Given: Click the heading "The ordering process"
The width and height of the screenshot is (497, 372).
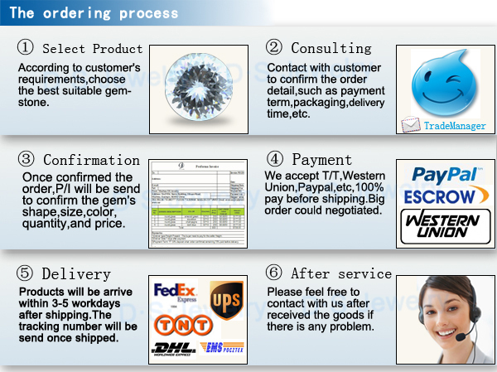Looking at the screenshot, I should click(93, 14).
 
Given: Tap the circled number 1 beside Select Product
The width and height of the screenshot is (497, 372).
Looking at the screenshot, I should click(26, 49).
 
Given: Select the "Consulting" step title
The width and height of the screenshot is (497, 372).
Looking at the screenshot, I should click(331, 49).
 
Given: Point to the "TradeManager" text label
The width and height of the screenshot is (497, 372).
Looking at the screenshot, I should click(455, 127).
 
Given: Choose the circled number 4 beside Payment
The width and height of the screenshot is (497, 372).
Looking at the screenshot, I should click(275, 159).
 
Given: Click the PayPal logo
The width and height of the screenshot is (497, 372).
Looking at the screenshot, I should click(444, 175).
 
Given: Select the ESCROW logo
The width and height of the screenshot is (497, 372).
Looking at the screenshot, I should click(440, 196).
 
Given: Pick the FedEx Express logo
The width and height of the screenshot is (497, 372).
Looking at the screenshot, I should click(175, 292).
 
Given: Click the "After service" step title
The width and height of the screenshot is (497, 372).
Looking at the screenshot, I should click(341, 273).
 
